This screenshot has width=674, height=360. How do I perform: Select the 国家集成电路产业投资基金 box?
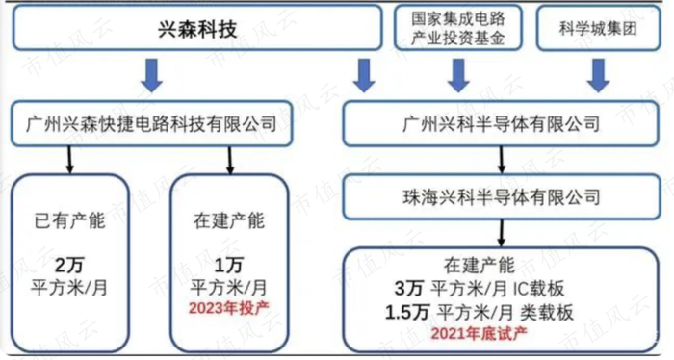coord(457,26)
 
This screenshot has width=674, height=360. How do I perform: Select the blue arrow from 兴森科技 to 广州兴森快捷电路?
coord(151,74)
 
